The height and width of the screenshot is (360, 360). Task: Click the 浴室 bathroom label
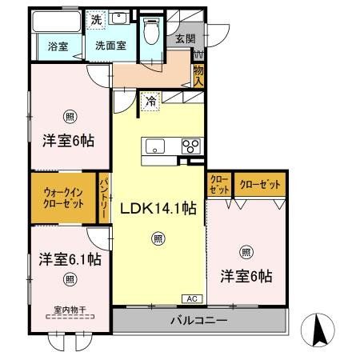pos(57,46)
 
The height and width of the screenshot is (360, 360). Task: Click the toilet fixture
pos(151,30)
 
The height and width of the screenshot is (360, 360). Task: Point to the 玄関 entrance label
pos(185,38)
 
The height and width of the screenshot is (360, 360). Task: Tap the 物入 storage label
pos(198,76)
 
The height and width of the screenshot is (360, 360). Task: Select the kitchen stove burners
pos(190,146)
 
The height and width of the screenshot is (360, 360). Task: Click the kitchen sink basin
pos(154,146)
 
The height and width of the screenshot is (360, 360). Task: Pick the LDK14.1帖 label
pos(158,208)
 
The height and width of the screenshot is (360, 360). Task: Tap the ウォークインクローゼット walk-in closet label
pos(63,198)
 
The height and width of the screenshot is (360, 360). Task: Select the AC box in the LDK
pos(192,298)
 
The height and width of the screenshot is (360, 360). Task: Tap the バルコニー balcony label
pos(198,322)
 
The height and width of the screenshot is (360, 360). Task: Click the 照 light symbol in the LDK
pos(158,238)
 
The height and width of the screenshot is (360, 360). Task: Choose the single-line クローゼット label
pos(260,185)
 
